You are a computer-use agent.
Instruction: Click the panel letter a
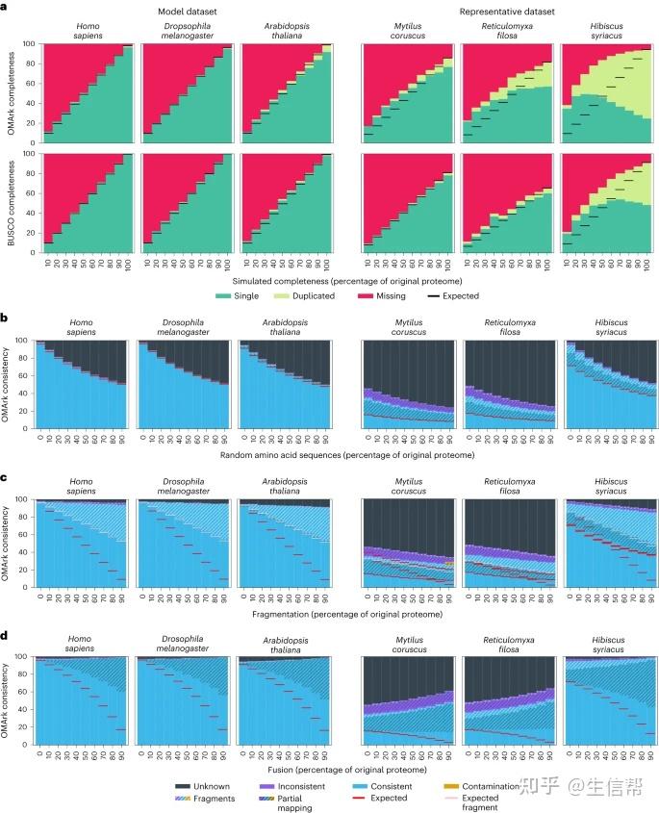click(x=7, y=6)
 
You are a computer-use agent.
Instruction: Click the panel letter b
click(x=7, y=315)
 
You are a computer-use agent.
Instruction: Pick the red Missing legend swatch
click(x=369, y=297)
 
